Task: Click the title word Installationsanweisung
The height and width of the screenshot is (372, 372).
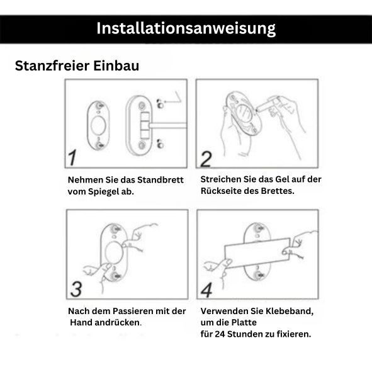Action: click(x=186, y=28)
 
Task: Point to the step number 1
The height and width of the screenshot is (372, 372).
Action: click(x=74, y=158)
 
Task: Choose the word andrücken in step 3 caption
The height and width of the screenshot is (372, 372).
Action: click(x=117, y=322)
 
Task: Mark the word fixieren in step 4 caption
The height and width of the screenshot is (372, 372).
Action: click(x=293, y=334)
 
